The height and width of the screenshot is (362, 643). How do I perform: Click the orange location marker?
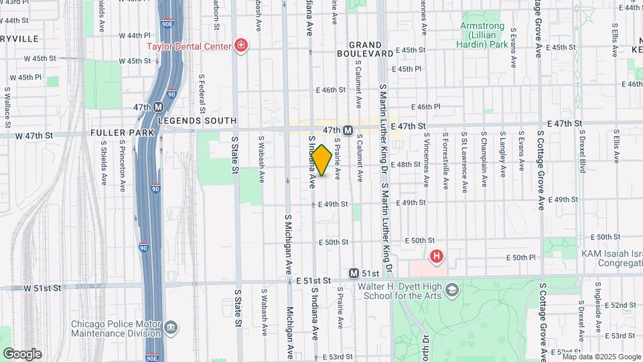(x=321, y=161)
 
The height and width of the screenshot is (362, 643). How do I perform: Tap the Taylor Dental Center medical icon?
(x=241, y=46)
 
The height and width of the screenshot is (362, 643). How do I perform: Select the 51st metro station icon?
(x=354, y=274)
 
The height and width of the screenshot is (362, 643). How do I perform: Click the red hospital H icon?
(x=437, y=256)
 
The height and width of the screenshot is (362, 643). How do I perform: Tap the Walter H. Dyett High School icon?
(x=452, y=290)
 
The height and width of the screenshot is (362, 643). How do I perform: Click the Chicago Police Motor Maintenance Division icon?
(x=171, y=327)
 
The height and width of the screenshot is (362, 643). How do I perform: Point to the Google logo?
(x=22, y=354)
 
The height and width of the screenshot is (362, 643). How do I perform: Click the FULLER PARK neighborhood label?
(x=123, y=133)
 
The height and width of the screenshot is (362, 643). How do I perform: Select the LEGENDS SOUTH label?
(x=198, y=121)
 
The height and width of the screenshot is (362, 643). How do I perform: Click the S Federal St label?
(x=201, y=92)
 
